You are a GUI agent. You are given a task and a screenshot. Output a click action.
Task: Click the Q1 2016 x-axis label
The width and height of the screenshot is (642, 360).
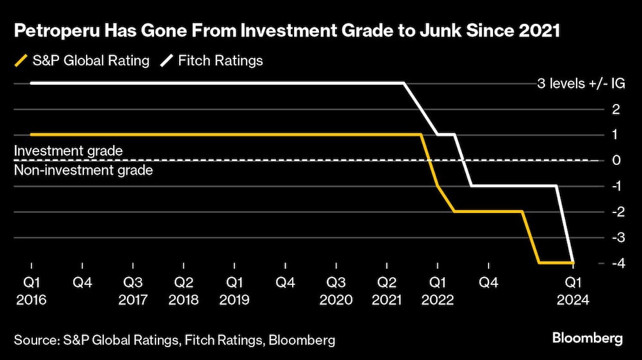[x=31, y=291]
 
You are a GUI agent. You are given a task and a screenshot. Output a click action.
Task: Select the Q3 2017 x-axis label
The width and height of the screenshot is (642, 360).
[x=133, y=291]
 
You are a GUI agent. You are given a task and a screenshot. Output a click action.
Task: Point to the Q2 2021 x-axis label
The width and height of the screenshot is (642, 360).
[x=386, y=291]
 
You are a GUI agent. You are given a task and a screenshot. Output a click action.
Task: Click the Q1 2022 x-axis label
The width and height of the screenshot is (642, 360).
[x=437, y=291]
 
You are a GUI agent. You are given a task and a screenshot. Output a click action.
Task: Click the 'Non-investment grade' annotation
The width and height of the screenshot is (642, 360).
[x=83, y=170]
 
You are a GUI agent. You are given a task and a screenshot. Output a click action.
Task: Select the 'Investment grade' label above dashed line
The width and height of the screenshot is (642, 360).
[x=68, y=150]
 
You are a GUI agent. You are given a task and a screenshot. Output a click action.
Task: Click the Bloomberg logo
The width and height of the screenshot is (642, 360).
[x=587, y=339]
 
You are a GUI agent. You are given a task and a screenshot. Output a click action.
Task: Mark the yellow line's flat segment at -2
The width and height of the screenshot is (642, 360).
[x=488, y=211]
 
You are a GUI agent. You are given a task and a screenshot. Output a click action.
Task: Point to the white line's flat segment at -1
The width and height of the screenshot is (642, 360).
[x=514, y=185]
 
